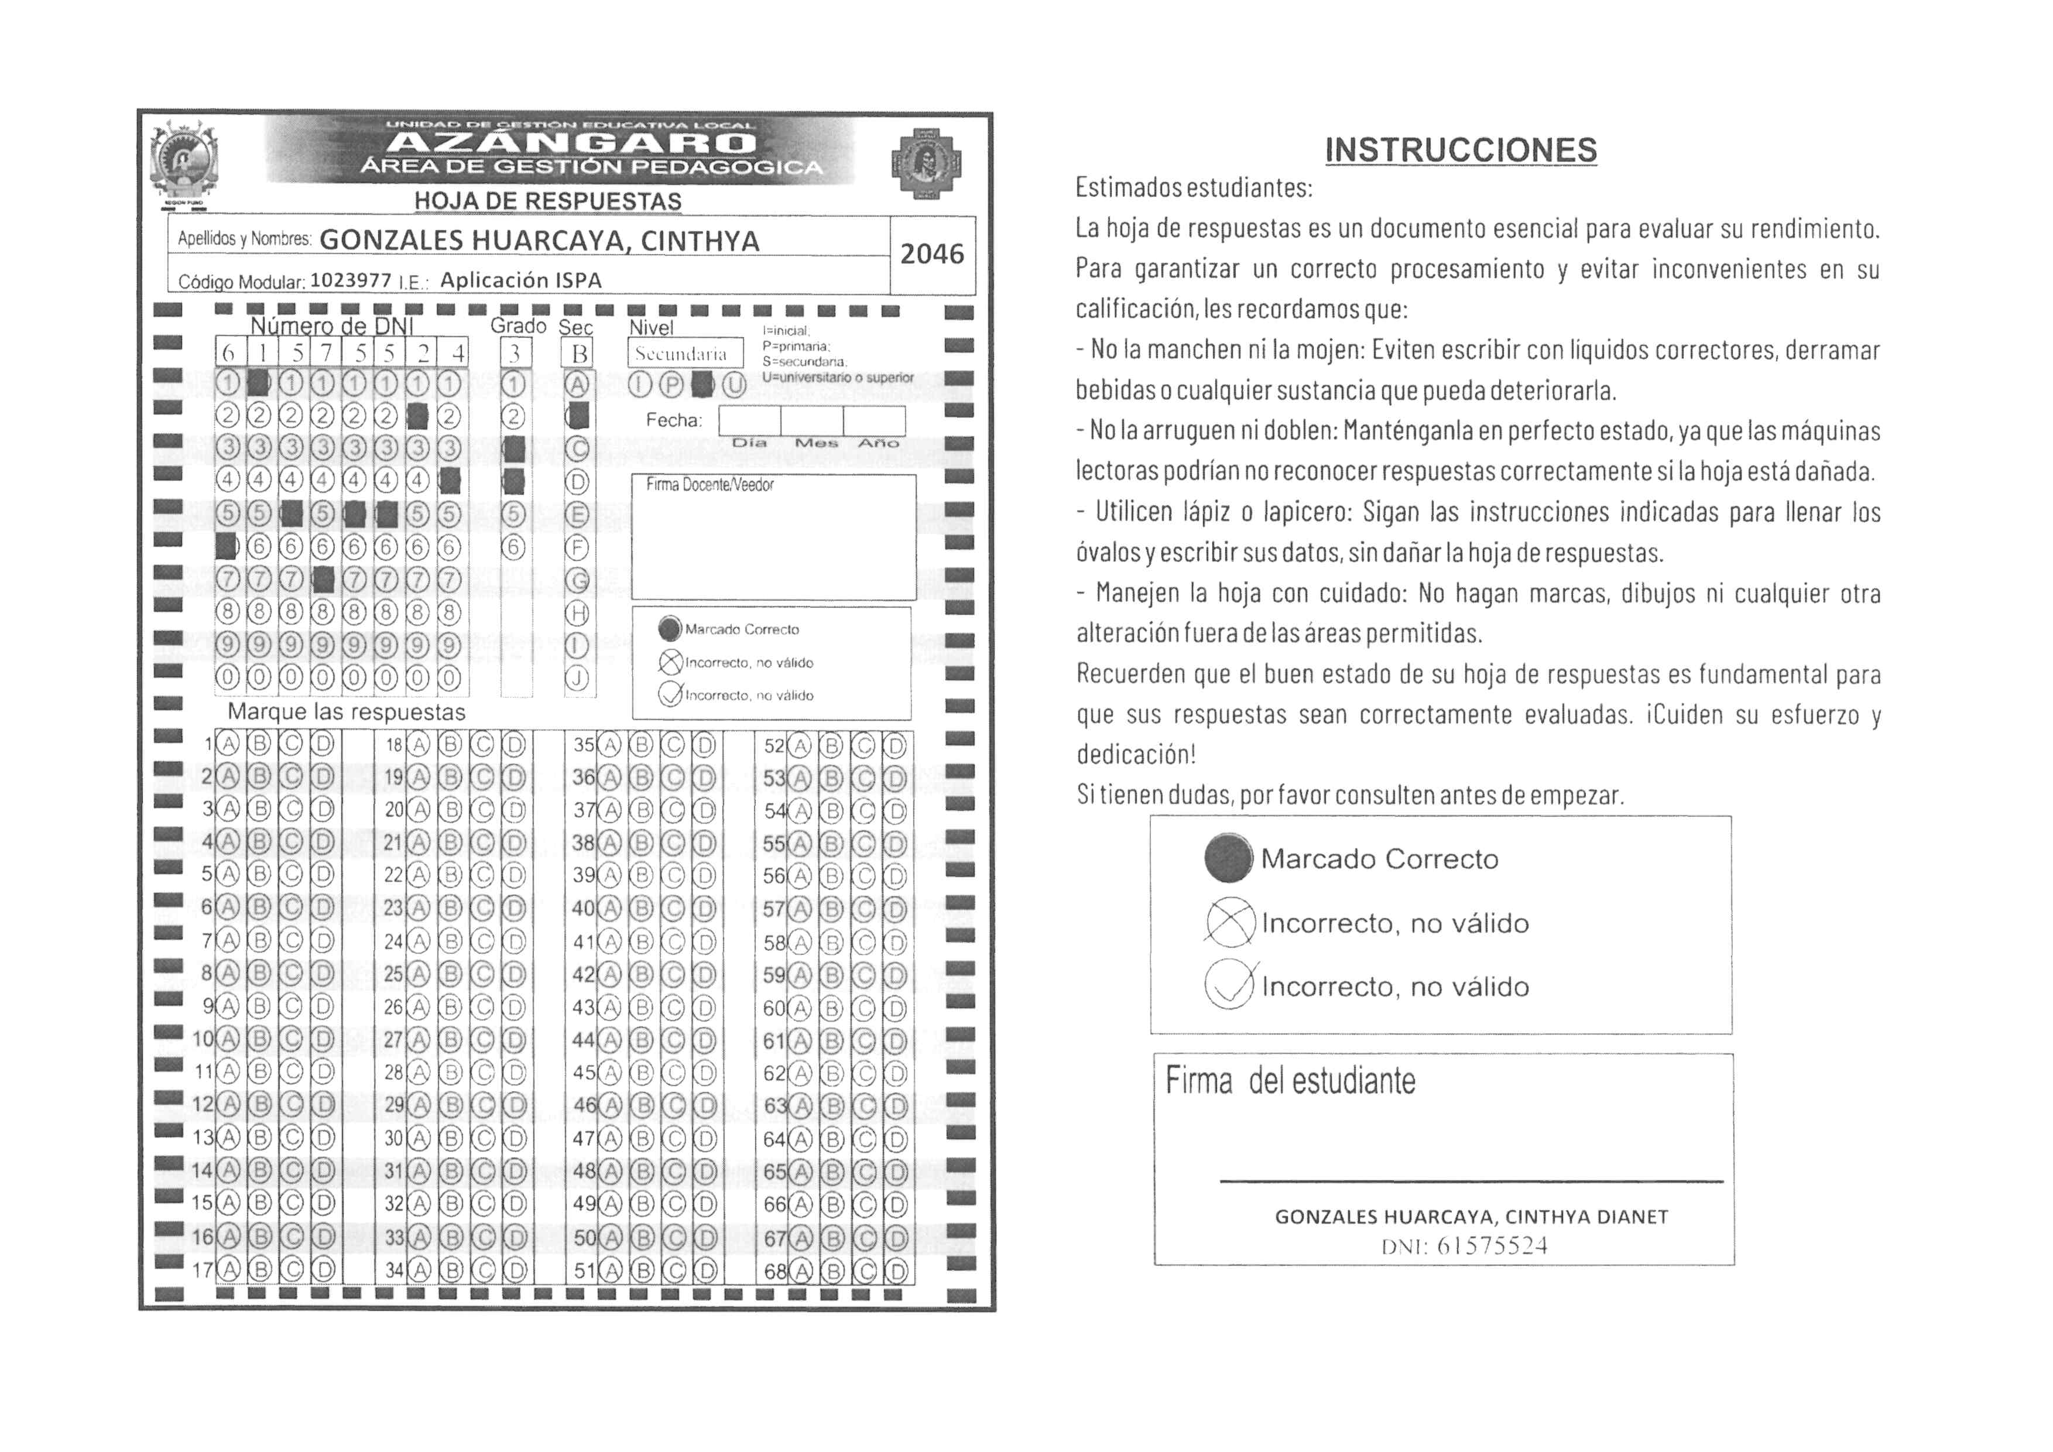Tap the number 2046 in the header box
coord(932,255)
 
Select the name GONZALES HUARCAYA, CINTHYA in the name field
coord(539,241)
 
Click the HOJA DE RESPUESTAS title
coord(547,202)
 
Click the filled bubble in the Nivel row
coord(704,385)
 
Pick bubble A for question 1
coord(229,745)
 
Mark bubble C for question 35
coord(673,745)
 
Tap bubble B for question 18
coord(451,745)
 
